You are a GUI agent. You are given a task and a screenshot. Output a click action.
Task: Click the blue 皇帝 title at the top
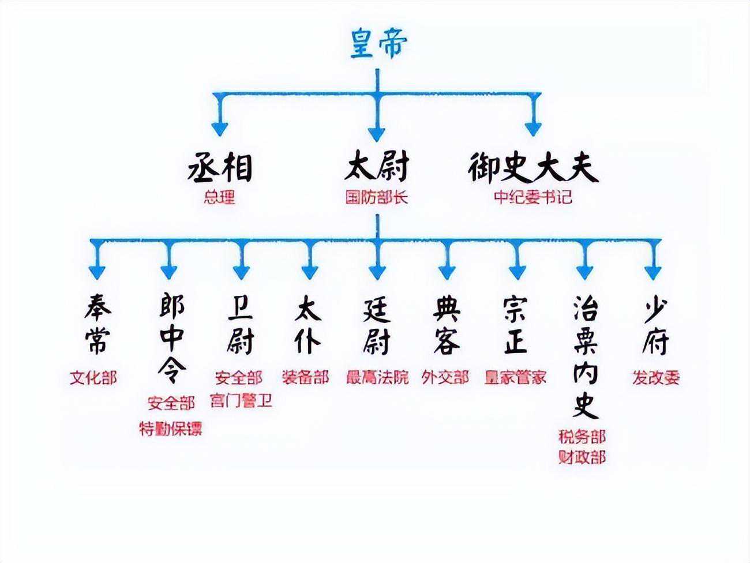(x=378, y=44)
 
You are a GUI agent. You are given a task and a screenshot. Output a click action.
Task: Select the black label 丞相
(x=220, y=168)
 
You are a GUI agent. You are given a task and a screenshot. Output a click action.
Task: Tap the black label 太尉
(x=377, y=167)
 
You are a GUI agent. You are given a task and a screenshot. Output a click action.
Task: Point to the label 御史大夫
(x=532, y=168)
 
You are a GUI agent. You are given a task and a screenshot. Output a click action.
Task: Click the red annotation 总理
(x=220, y=198)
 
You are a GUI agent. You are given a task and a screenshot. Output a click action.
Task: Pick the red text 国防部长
(x=377, y=197)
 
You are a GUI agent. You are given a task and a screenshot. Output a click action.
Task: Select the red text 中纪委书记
(x=532, y=197)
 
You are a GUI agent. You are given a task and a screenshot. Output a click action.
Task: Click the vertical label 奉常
(x=96, y=325)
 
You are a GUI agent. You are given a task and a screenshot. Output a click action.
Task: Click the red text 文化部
(x=93, y=378)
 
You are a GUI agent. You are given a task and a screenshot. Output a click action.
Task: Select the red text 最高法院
(x=377, y=378)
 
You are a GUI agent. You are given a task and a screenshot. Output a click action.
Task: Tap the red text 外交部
(x=445, y=378)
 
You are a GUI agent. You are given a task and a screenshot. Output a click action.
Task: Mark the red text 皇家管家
(x=515, y=378)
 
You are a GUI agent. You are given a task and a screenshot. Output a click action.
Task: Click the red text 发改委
(x=656, y=378)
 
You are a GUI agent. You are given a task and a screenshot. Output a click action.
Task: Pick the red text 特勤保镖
(x=171, y=429)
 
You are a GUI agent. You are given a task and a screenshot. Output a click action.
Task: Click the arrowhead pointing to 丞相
(x=220, y=127)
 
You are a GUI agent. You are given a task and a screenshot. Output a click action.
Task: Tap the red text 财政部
(x=582, y=457)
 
